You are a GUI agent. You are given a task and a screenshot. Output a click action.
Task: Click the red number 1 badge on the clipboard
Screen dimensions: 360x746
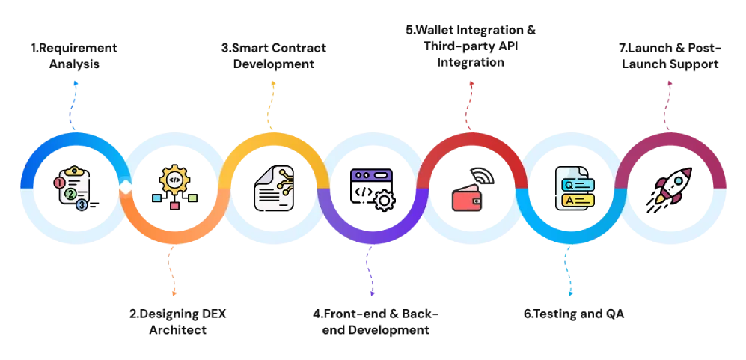[60, 183]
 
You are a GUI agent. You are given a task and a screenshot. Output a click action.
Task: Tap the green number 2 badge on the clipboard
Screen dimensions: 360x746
[70, 194]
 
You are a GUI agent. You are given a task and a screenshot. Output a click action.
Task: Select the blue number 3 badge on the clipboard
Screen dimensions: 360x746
[82, 204]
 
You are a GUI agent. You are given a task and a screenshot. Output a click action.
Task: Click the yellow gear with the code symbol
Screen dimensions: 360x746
[174, 180]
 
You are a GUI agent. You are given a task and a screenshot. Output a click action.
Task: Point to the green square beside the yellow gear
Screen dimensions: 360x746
[192, 198]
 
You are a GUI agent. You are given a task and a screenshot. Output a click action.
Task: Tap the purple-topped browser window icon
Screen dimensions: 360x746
[370, 185]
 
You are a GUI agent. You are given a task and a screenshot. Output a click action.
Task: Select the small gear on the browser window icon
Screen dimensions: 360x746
[384, 200]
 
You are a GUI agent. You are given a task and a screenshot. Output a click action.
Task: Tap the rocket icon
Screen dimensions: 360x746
[673, 186]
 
